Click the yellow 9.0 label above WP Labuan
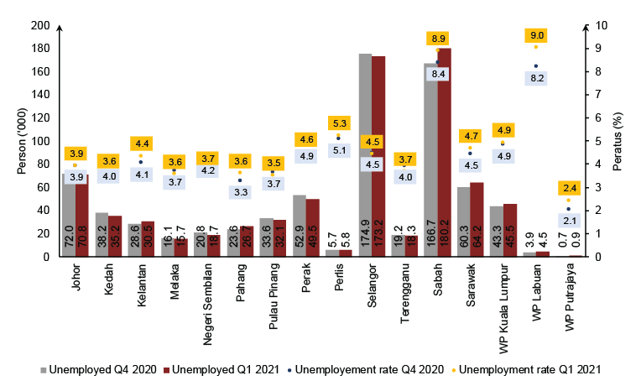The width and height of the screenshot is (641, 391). [x=536, y=35]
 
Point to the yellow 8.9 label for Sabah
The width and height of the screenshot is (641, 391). [x=438, y=39]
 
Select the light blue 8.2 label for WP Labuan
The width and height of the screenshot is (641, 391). [x=536, y=78]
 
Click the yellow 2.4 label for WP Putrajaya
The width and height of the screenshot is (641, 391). [x=569, y=188]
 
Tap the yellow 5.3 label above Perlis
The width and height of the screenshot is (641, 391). [x=339, y=123]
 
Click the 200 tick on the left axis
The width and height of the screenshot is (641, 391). [x=40, y=25]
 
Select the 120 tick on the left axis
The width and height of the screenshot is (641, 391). [x=40, y=117]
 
